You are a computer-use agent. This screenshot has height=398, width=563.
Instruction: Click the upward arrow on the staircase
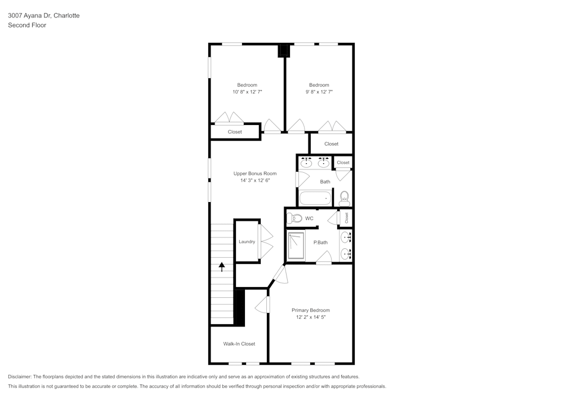(x=221, y=267)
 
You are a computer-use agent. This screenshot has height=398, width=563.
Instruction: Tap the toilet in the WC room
(x=296, y=218)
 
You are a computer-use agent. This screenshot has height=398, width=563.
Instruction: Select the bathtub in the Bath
(x=315, y=198)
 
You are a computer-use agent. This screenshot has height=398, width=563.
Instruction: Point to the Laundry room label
(x=247, y=242)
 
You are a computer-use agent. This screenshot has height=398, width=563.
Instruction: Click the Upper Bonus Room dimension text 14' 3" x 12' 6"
(x=254, y=181)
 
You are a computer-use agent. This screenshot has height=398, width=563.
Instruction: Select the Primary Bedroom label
(x=310, y=310)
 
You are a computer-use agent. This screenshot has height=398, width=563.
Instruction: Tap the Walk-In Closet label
(x=239, y=343)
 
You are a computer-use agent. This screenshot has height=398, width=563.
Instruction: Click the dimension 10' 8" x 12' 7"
(x=247, y=92)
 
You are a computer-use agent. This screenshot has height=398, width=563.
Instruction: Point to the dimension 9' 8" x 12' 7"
(x=319, y=92)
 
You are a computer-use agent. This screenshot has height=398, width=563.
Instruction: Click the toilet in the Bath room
(x=344, y=198)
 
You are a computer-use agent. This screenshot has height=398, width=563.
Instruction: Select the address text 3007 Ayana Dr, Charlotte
(x=43, y=16)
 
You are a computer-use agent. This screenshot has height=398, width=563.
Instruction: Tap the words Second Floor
(x=27, y=25)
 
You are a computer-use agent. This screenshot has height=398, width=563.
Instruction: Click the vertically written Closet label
(x=346, y=218)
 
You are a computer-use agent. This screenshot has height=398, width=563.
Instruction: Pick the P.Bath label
(x=320, y=243)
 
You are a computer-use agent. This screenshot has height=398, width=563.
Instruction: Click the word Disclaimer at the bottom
(x=20, y=377)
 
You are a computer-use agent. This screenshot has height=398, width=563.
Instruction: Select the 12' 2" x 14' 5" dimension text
(x=311, y=317)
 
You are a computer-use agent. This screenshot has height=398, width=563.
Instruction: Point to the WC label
(x=309, y=218)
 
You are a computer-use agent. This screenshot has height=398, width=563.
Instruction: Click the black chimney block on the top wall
(x=284, y=51)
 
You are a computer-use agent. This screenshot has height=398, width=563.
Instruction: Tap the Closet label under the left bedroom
(x=235, y=132)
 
